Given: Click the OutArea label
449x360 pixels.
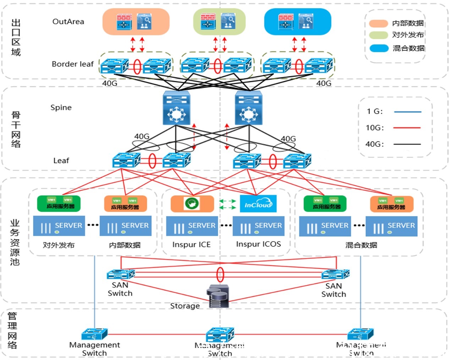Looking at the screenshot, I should [68, 22].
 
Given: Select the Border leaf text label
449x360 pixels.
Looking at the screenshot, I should [72, 64].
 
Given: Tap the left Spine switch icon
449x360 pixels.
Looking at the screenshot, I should [176, 108].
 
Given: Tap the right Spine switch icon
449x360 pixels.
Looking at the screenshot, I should [248, 108].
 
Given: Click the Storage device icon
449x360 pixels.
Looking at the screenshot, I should [218, 296].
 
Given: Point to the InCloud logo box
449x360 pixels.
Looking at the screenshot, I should [258, 204].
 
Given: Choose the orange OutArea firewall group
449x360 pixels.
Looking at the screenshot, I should [136, 22].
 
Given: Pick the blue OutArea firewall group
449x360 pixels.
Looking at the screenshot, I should [297, 22].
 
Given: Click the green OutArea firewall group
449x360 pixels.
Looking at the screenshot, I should [219, 22].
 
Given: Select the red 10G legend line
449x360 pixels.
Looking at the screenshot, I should [407, 128].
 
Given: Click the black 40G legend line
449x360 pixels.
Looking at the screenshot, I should [407, 144].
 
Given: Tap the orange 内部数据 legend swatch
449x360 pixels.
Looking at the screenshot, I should [378, 23].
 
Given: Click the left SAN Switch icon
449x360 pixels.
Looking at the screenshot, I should [121, 274].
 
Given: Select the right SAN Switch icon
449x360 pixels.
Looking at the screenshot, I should [335, 274].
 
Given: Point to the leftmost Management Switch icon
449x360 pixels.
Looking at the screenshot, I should [94, 334].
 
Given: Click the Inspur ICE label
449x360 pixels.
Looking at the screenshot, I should [191, 245].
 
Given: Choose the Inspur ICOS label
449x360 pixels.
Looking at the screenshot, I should [258, 244].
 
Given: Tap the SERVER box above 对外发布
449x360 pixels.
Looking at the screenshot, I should [59, 226].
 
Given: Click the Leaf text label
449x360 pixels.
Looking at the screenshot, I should [61, 161].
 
